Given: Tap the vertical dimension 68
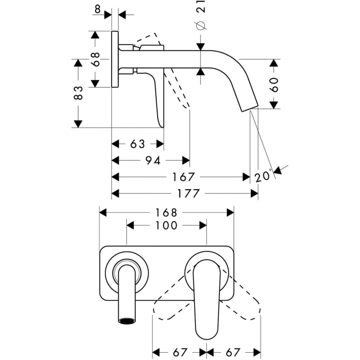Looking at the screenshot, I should [x=96, y=60].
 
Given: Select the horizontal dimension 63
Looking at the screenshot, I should [x=138, y=144].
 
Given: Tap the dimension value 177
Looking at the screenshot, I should [x=188, y=193].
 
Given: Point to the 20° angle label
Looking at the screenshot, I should [x=263, y=175].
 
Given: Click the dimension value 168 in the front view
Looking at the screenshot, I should [x=167, y=213].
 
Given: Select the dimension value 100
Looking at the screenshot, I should [x=166, y=225].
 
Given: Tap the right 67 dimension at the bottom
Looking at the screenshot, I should [x=233, y=352].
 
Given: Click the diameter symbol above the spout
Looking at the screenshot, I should [x=200, y=26].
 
